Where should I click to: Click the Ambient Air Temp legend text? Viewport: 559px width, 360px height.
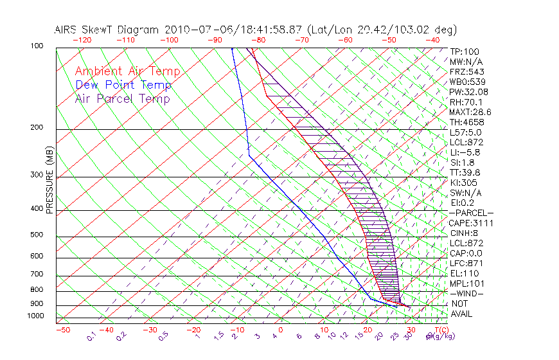pyautogui.click(x=127, y=71)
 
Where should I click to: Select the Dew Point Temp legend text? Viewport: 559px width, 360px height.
pyautogui.click(x=123, y=85)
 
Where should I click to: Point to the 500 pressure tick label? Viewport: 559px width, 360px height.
pyautogui.click(x=37, y=235)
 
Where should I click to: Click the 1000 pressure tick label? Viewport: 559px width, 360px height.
pyautogui.click(x=35, y=316)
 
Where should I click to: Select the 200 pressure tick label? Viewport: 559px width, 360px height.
pyautogui.click(x=37, y=128)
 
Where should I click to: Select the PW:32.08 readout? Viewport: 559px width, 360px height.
pyautogui.click(x=468, y=92)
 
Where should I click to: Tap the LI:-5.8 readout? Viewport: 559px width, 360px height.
pyautogui.click(x=465, y=152)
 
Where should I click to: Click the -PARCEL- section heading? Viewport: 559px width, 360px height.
pyautogui.click(x=471, y=213)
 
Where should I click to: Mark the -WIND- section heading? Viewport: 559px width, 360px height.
pyautogui.click(x=466, y=293)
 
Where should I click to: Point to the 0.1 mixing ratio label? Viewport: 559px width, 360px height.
pyautogui.click(x=92, y=336)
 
